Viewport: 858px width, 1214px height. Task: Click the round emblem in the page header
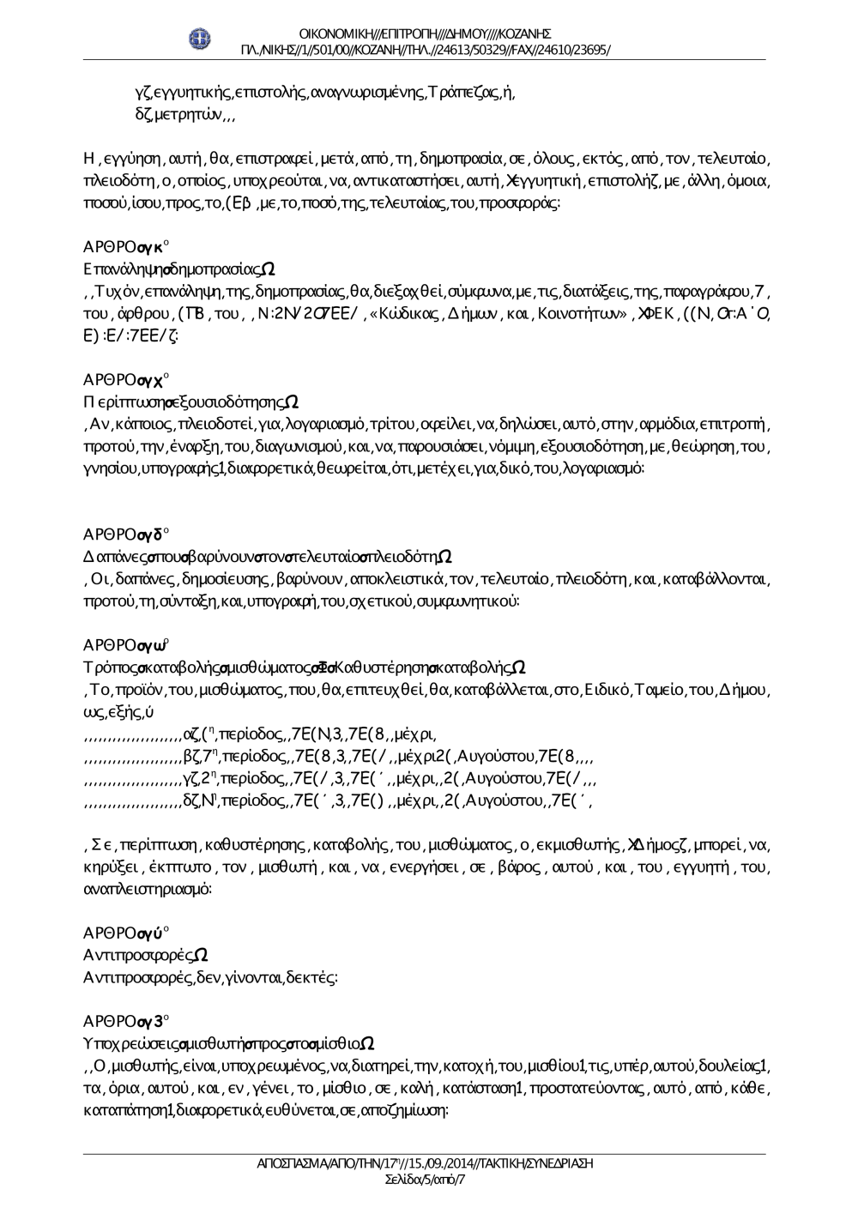point(201,39)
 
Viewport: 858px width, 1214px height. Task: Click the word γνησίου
point(104,468)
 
